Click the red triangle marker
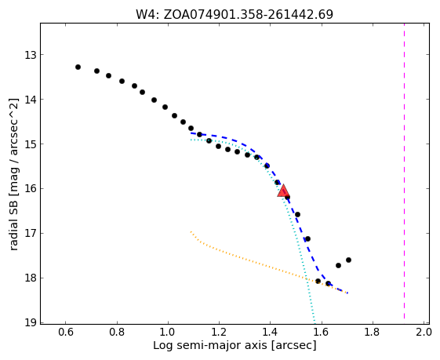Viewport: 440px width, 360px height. [x=283, y=191]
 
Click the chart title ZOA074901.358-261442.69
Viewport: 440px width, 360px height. [x=235, y=14]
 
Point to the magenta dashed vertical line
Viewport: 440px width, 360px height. [x=404, y=171]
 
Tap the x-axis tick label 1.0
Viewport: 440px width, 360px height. [x=168, y=333]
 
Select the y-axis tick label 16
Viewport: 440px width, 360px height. [x=31, y=188]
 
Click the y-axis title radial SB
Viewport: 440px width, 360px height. [x=14, y=223]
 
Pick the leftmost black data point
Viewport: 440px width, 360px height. [x=78, y=67]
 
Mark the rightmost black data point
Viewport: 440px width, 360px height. [x=348, y=260]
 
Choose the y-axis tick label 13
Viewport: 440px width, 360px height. [x=31, y=55]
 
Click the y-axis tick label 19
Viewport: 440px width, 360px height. [x=31, y=322]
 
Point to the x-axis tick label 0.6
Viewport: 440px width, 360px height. [x=65, y=333]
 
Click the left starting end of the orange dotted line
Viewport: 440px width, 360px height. [x=191, y=232]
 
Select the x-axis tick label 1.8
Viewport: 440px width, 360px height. [x=372, y=333]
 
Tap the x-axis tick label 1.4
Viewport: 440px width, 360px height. [x=270, y=333]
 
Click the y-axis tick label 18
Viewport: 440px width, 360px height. [x=31, y=278]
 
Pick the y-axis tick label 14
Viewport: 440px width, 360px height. [x=31, y=100]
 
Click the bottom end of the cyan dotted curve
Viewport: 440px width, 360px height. [x=315, y=322]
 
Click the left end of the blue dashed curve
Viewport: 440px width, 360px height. [x=191, y=133]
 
